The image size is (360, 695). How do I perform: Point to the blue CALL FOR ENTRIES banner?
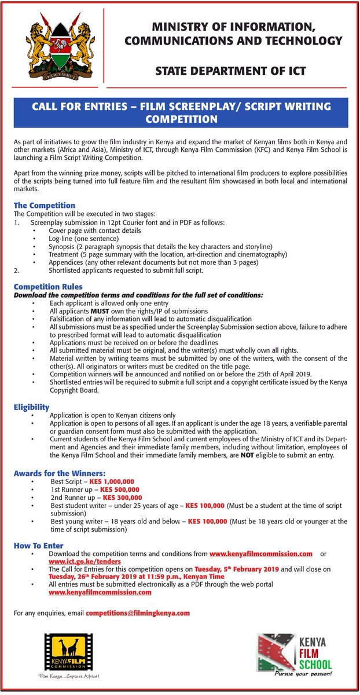[x=181, y=112]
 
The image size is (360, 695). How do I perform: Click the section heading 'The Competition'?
[x=45, y=205]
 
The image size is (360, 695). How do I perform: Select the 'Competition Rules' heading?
[x=48, y=287]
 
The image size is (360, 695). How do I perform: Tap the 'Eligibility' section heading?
[x=32, y=407]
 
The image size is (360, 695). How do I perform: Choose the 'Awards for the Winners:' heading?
[x=60, y=474]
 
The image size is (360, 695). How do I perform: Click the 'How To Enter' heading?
[x=39, y=546]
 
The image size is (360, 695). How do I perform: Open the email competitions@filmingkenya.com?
[x=138, y=612]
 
